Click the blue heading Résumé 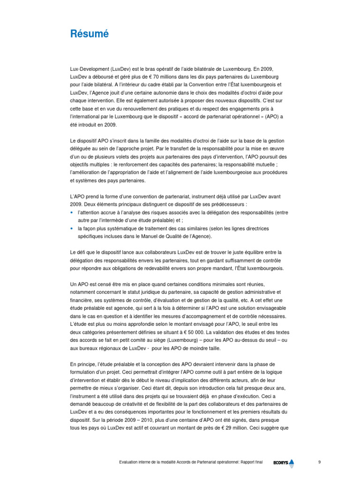pyautogui.click(x=89, y=34)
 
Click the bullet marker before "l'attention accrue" pyautogui.click(x=72, y=212)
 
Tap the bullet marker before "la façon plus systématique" pyautogui.click(x=72, y=228)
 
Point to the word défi pyautogui.click(x=81, y=252)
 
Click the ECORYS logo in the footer pyautogui.click(x=284, y=463)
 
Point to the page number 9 pyautogui.click(x=319, y=462)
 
